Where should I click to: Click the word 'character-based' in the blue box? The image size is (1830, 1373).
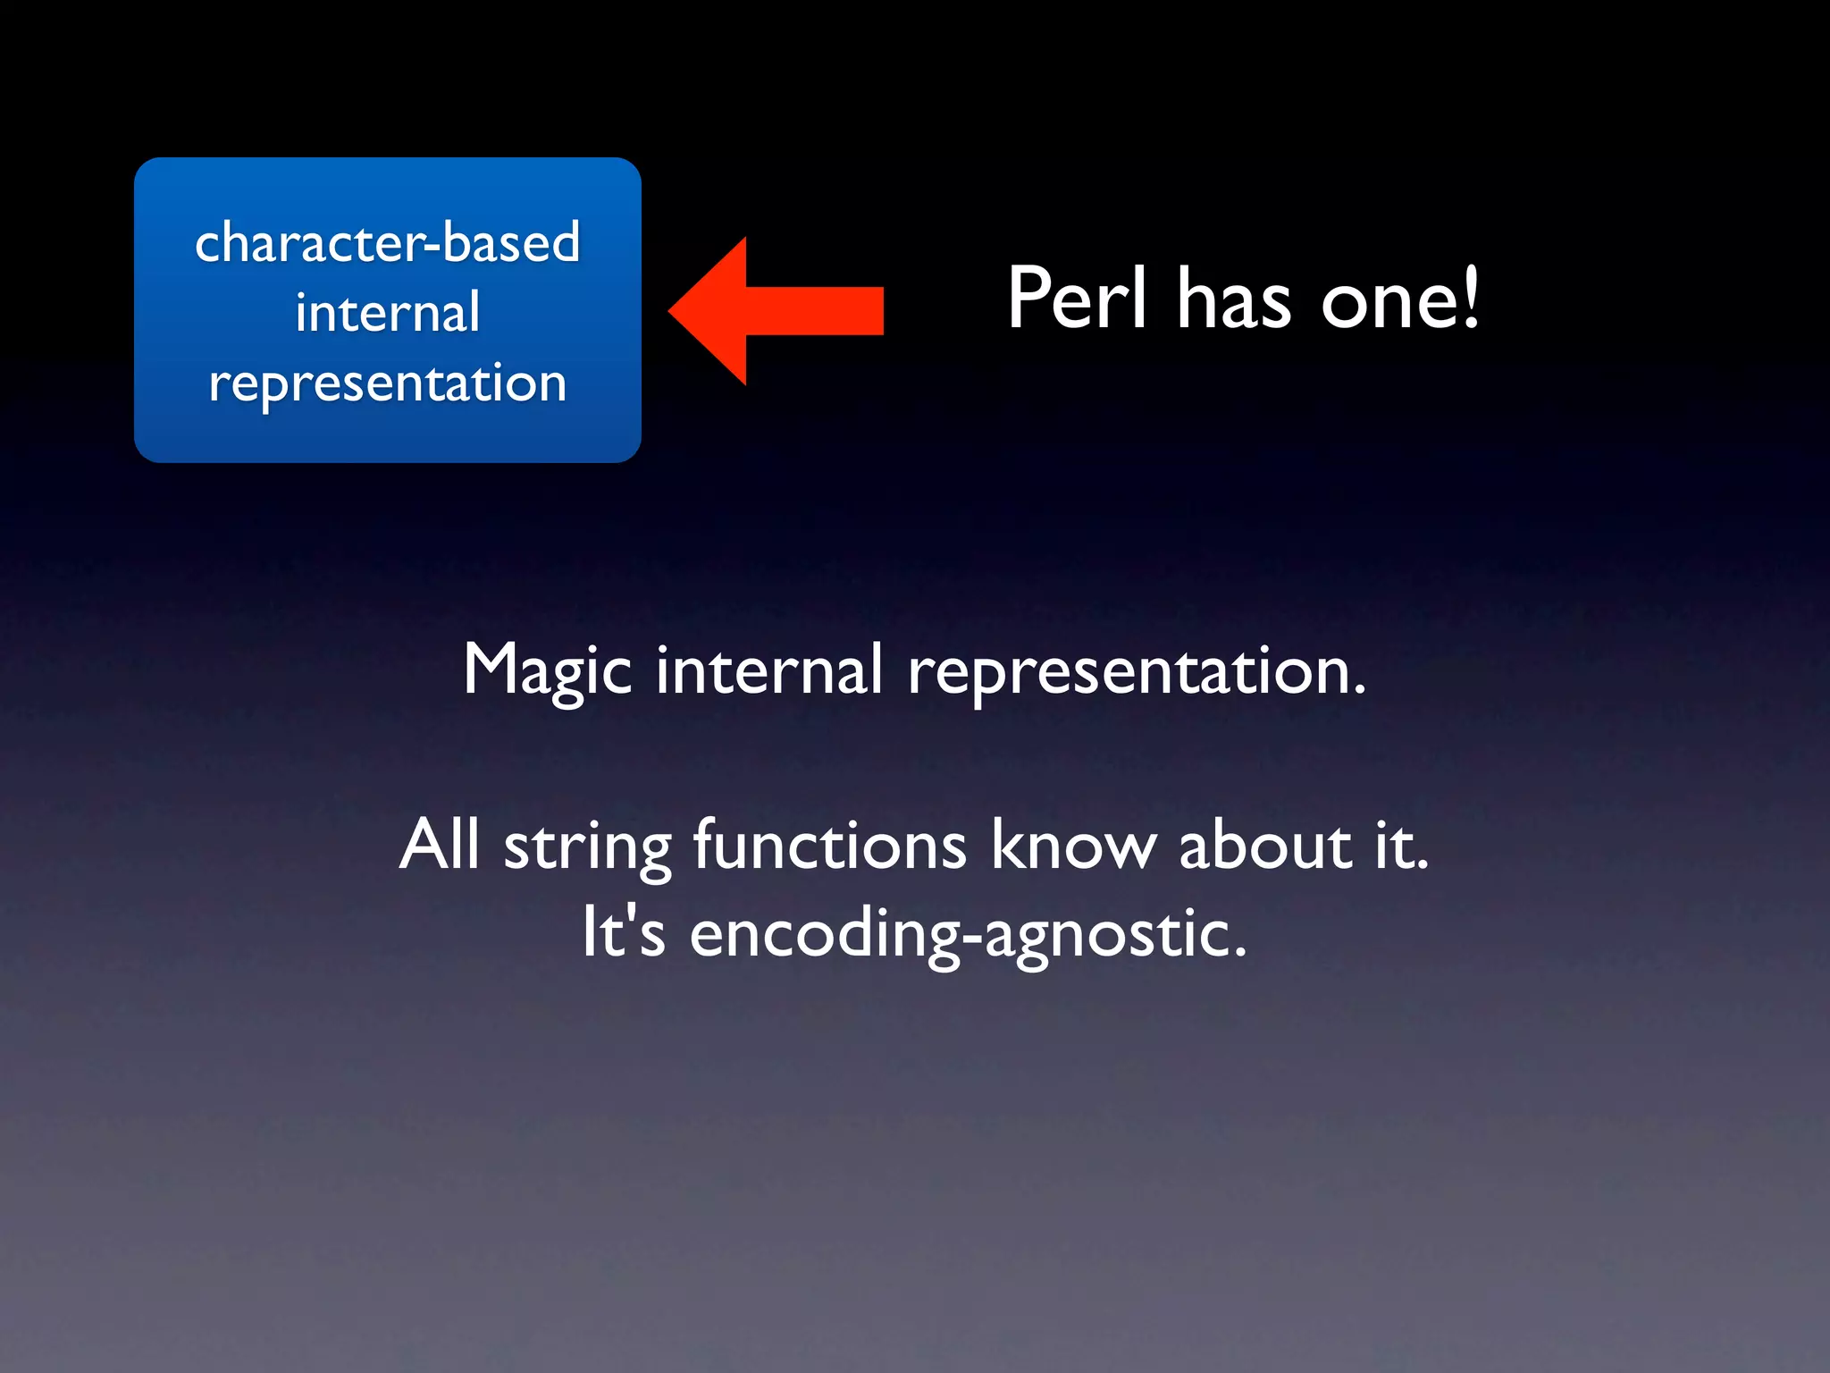(387, 242)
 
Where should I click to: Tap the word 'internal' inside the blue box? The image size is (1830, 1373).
(387, 313)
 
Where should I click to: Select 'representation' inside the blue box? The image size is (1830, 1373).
(387, 384)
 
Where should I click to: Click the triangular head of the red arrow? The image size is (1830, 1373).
(710, 311)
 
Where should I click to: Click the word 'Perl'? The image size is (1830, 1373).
(1077, 299)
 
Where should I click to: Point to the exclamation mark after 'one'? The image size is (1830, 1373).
(1468, 297)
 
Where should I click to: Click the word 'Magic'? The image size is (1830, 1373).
(548, 670)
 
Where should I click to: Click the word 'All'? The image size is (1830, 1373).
(439, 844)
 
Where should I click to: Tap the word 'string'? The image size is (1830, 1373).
(587, 847)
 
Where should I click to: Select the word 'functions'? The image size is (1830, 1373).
(829, 844)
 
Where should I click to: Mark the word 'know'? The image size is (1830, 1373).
(1073, 844)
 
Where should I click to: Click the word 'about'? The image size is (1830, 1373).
(1265, 844)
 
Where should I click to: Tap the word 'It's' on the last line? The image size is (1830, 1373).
(624, 931)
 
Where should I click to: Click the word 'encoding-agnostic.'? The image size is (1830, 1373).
(968, 935)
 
